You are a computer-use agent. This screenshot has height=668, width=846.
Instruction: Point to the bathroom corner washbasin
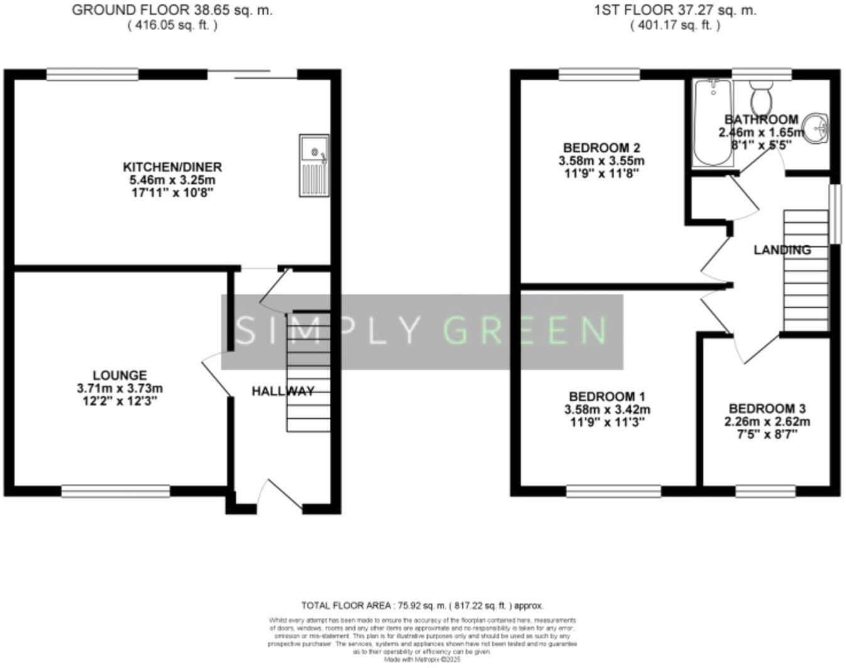(x=818, y=128)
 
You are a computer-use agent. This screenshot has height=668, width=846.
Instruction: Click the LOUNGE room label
(x=120, y=375)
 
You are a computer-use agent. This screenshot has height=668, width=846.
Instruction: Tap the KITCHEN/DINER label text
(x=172, y=167)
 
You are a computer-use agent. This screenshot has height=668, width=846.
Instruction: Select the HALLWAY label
(x=283, y=391)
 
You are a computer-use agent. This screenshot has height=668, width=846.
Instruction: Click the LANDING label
(x=782, y=250)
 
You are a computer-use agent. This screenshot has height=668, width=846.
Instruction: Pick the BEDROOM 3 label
(x=767, y=407)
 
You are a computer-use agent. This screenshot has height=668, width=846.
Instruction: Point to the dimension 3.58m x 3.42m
(x=607, y=410)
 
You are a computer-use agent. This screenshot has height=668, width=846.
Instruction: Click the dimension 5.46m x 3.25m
(x=172, y=180)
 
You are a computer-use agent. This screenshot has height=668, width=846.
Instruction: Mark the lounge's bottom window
(x=116, y=490)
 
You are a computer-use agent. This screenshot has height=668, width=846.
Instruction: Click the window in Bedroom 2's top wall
(x=600, y=75)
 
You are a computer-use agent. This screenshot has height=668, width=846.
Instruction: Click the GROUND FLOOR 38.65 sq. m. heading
(x=172, y=10)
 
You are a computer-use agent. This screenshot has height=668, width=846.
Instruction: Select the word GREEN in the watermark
(x=525, y=330)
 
